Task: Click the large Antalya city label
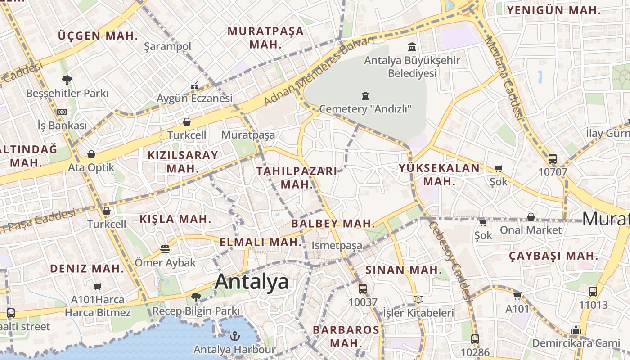pyautogui.click(x=252, y=282)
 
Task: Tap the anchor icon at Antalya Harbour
pyautogui.click(x=234, y=336)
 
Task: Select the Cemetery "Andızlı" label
pyautogui.click(x=365, y=108)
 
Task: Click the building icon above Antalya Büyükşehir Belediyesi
pyautogui.click(x=412, y=47)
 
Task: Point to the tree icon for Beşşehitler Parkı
pyautogui.click(x=67, y=81)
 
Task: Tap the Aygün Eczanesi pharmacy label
pyautogui.click(x=194, y=98)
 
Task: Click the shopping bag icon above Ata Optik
pyautogui.click(x=91, y=155)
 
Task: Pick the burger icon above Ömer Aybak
pyautogui.click(x=165, y=249)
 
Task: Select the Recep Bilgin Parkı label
pyautogui.click(x=196, y=311)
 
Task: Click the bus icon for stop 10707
pyautogui.click(x=553, y=159)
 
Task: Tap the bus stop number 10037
pyautogui.click(x=363, y=301)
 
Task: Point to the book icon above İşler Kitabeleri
pyautogui.click(x=418, y=299)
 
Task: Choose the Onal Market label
pyautogui.click(x=531, y=230)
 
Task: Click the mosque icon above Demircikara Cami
pyautogui.click(x=576, y=330)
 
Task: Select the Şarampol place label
pyautogui.click(x=167, y=46)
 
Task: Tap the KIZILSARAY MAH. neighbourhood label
pyautogui.click(x=183, y=162)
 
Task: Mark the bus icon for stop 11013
pyautogui.click(x=593, y=292)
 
